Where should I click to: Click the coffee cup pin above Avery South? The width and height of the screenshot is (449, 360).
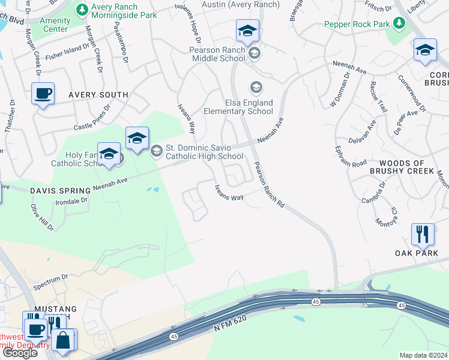43,94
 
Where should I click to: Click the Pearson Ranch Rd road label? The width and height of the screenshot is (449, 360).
268,185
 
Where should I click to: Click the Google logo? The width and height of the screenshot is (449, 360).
19,353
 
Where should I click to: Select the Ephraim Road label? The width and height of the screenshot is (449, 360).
351,157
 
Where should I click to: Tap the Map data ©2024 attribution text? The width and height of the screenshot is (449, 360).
423,355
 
